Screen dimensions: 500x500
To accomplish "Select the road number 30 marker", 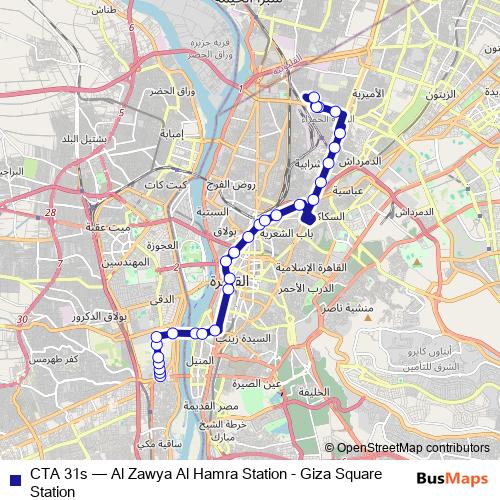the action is [22, 319].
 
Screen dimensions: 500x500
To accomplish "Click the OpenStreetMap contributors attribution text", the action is [411, 449].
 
